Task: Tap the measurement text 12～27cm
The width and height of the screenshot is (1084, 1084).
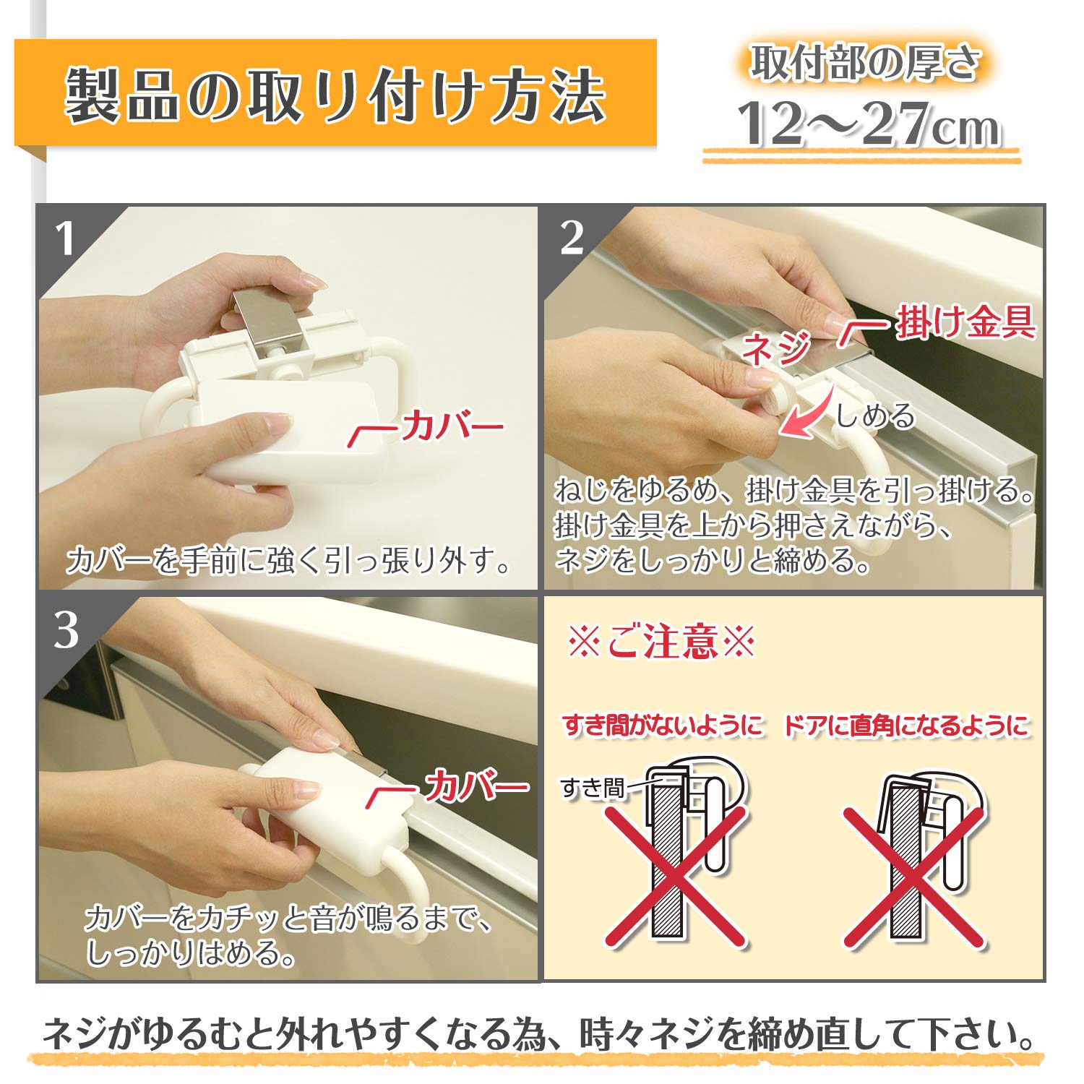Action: (x=867, y=124)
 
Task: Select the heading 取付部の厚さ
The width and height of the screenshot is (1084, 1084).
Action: (x=864, y=63)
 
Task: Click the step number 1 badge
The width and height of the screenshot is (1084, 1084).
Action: (x=65, y=238)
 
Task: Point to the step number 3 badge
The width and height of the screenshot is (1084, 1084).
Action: (x=66, y=630)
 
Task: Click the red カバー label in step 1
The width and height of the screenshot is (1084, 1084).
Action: (x=452, y=426)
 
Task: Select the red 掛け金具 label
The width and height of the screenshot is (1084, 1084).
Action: (x=965, y=322)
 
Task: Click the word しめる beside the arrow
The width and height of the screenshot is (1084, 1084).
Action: (x=875, y=416)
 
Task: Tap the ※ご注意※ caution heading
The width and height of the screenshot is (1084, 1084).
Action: (x=661, y=642)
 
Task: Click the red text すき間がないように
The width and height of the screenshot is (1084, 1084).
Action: (x=663, y=725)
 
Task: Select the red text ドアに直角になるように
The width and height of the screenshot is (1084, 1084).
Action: (x=906, y=726)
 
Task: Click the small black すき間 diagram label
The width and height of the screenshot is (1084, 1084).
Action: (x=592, y=788)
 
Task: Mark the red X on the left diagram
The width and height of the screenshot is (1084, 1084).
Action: (x=676, y=876)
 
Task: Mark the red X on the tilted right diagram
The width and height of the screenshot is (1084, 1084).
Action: (x=913, y=876)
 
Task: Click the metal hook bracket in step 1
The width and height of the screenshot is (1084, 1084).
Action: (x=267, y=319)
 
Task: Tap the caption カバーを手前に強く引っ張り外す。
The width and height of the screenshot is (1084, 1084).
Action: (x=289, y=560)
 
